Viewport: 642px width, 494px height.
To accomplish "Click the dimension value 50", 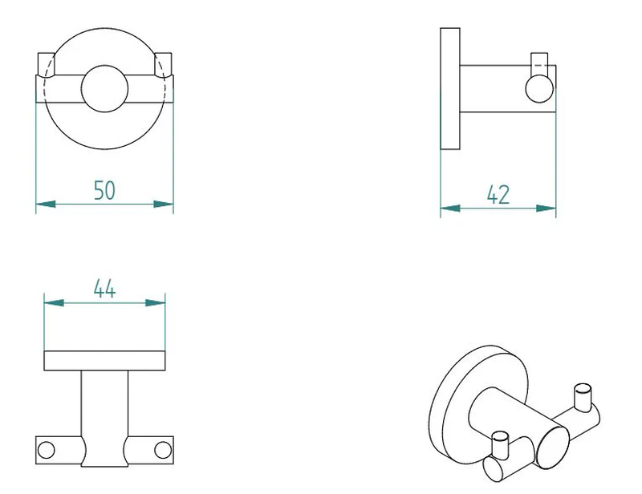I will tap(105, 190).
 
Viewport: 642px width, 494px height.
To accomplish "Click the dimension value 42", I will tap(498, 194).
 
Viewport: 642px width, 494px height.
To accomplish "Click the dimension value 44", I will tap(104, 288).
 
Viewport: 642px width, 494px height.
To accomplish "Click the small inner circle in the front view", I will tap(105, 88).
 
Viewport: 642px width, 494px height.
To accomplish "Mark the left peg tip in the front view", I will tap(47, 63).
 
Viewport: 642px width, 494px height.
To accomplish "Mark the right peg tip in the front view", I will tap(164, 63).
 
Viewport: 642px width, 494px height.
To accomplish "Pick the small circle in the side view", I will tap(538, 87).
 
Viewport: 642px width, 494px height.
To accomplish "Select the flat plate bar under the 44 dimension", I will tap(104, 361).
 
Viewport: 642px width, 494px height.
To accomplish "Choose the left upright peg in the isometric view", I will tap(500, 444).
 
